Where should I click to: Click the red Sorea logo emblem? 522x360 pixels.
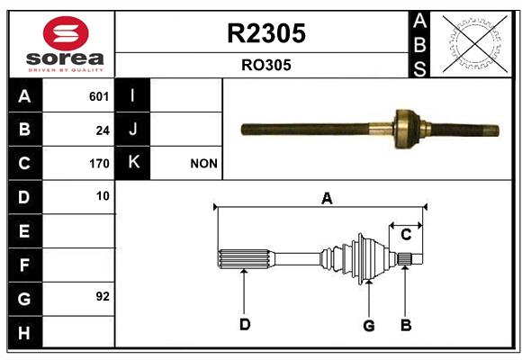[66, 33]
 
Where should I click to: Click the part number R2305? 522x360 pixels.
[266, 33]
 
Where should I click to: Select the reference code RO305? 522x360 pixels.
[266, 65]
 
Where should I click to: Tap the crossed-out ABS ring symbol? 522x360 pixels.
[475, 44]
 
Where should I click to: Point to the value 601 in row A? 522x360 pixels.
[99, 96]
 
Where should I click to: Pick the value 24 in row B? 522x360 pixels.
[103, 130]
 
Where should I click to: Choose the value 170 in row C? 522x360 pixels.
[99, 164]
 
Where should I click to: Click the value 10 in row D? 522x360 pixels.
[103, 196]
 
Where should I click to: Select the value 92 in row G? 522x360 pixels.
[103, 296]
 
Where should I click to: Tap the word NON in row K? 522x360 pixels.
[203, 164]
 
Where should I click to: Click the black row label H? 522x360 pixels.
[25, 332]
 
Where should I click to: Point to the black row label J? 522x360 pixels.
[132, 129]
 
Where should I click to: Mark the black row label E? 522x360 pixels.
[25, 230]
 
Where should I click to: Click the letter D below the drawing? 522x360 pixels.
[245, 324]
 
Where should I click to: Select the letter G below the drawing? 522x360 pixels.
[369, 326]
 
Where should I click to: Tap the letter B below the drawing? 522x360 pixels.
[406, 325]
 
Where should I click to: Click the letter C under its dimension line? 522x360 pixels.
[406, 235]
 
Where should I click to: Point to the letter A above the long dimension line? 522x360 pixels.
[327, 199]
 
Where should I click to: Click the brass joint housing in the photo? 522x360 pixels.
[407, 129]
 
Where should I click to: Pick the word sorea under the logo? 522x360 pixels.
[65, 58]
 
